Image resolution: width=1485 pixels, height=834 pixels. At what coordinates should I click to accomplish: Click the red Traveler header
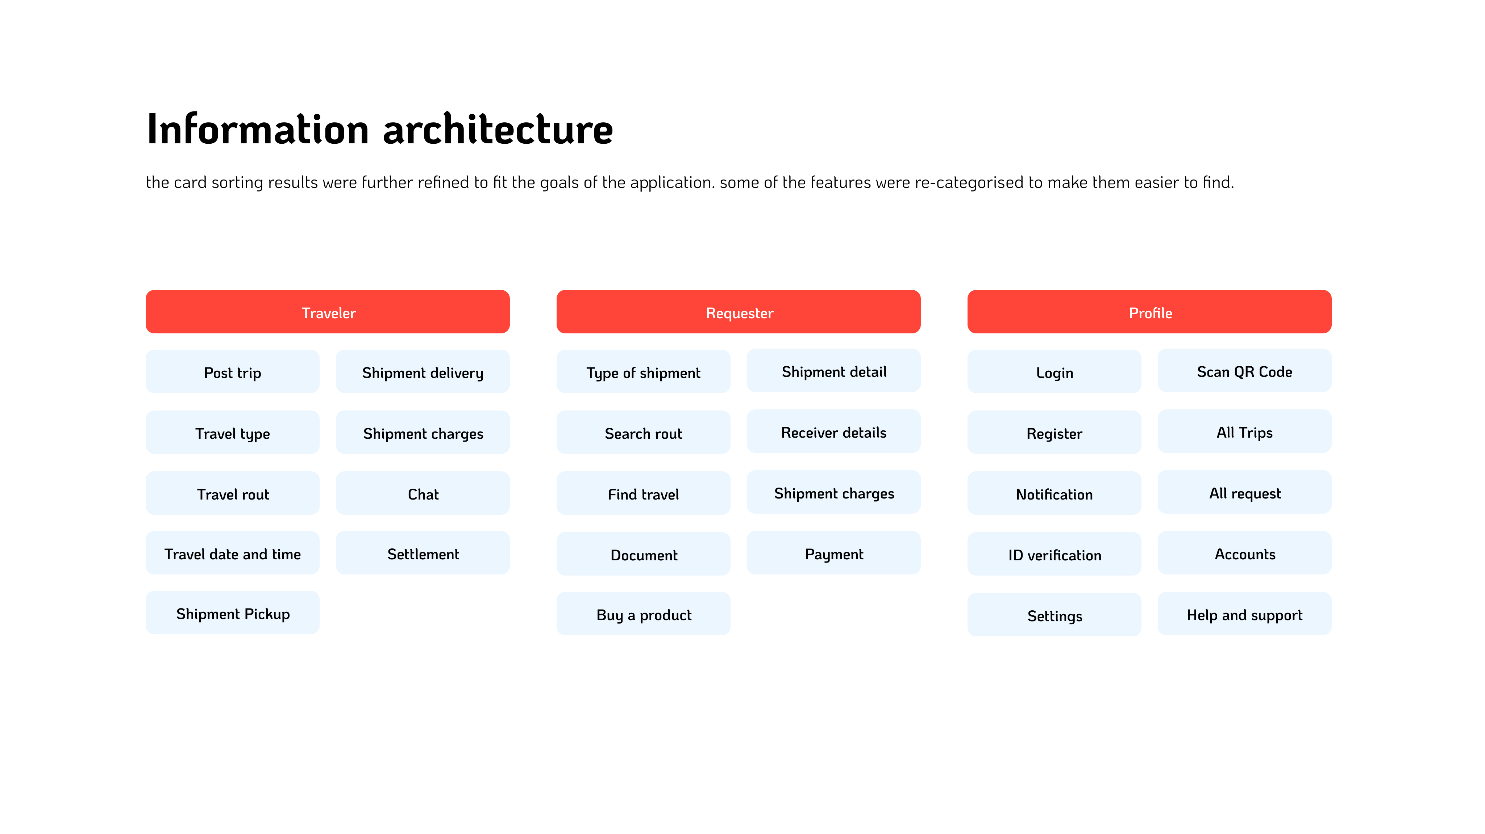click(328, 312)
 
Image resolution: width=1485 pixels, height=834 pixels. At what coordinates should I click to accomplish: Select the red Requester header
click(739, 312)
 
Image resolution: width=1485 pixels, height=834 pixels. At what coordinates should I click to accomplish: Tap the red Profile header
click(1149, 312)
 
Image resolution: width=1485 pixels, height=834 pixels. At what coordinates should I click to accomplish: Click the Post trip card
click(232, 371)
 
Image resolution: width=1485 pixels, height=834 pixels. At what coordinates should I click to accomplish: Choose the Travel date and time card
click(232, 553)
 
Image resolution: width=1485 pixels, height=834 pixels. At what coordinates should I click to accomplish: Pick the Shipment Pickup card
click(232, 613)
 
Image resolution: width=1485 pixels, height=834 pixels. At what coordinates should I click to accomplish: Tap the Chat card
click(423, 493)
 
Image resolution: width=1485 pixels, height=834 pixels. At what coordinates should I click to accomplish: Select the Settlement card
click(423, 553)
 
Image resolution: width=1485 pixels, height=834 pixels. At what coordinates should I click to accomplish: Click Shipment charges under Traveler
click(423, 433)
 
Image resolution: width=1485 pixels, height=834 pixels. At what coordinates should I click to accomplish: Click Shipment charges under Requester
click(833, 492)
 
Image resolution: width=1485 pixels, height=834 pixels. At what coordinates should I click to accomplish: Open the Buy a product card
click(643, 614)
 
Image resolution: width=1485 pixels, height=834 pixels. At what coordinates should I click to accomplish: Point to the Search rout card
click(643, 433)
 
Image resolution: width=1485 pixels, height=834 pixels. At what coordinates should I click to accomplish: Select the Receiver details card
click(833, 431)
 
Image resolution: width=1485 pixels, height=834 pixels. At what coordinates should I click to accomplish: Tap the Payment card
click(833, 553)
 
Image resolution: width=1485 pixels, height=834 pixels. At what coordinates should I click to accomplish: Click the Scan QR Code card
click(1245, 370)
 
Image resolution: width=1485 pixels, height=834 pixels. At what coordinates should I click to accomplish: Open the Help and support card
click(1245, 614)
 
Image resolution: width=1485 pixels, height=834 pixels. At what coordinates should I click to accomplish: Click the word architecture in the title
click(498, 129)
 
